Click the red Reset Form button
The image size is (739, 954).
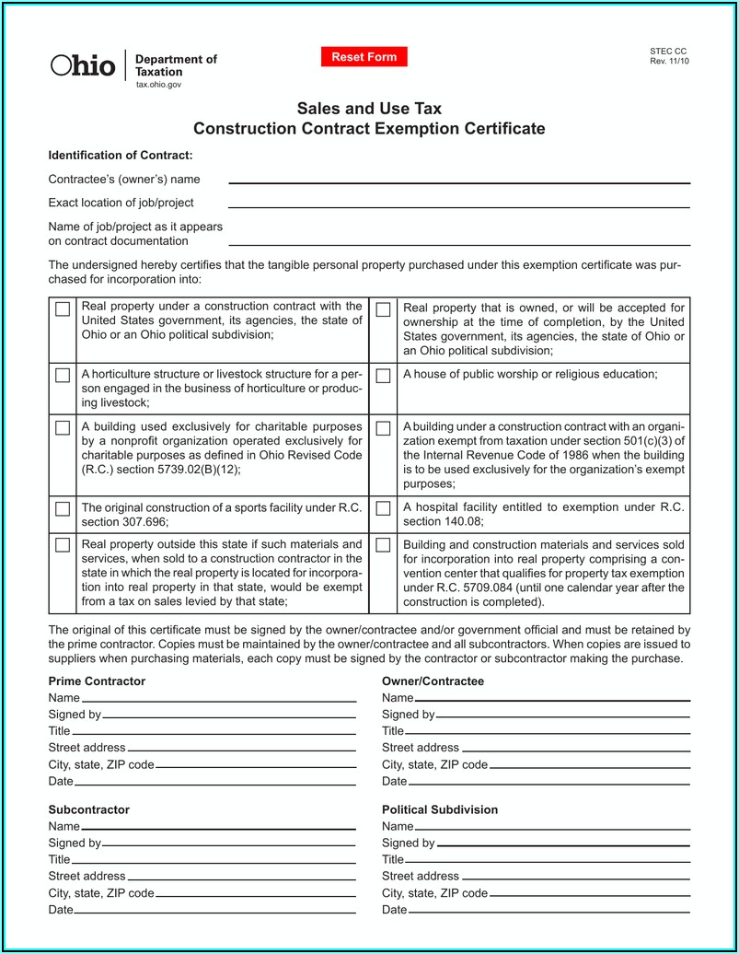click(364, 57)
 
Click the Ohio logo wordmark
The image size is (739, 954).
click(83, 65)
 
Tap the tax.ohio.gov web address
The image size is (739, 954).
click(159, 85)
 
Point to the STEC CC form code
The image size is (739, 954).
click(668, 52)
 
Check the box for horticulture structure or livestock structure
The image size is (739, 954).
click(63, 376)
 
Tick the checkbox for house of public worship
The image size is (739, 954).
click(383, 376)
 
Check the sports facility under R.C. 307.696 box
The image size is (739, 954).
click(63, 509)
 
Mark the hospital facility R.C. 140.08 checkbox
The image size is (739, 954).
click(383, 509)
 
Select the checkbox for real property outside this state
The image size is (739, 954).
click(63, 545)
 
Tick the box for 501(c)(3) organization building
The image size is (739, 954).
click(383, 428)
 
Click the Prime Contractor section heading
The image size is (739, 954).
click(97, 681)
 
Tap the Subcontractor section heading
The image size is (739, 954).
click(88, 809)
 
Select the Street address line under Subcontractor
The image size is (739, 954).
click(240, 877)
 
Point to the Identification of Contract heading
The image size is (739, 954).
click(121, 155)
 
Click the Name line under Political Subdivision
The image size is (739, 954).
click(551, 827)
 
